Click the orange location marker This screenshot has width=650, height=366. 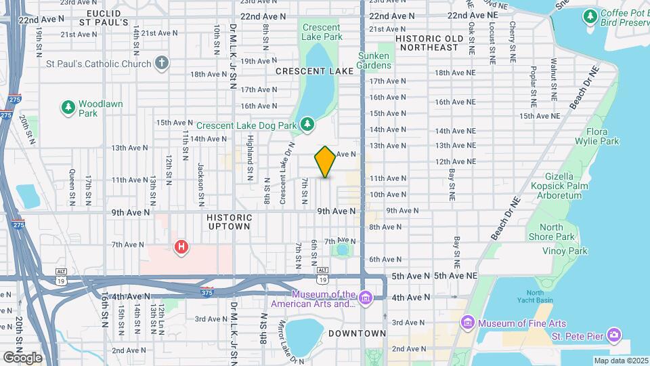(x=325, y=162)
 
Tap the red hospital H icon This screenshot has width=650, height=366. (x=181, y=247)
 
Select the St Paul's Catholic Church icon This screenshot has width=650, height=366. (x=161, y=64)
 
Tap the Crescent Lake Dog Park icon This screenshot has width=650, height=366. (x=307, y=124)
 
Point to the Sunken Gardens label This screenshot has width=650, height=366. (x=374, y=60)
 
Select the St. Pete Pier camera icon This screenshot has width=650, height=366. (x=613, y=334)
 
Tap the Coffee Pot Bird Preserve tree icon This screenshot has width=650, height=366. (x=590, y=15)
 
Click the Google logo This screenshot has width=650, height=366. (x=22, y=357)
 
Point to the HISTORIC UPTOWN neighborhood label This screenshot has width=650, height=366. (x=230, y=222)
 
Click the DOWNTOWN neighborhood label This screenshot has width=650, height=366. (x=357, y=333)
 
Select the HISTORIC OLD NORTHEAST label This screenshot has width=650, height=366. (x=427, y=43)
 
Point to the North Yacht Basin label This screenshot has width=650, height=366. (x=534, y=297)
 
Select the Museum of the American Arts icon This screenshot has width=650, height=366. (x=365, y=298)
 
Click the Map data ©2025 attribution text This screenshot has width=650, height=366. (x=620, y=361)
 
